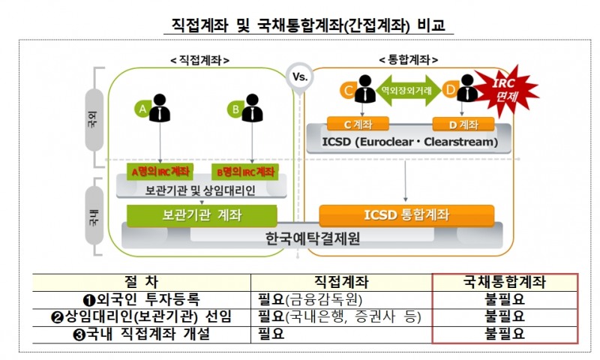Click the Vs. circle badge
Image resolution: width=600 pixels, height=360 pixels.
[298, 76]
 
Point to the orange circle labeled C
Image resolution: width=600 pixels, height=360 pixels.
[348, 91]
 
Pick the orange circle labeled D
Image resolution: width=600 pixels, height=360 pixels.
[451, 91]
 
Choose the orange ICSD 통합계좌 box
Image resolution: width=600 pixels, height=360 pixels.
[406, 214]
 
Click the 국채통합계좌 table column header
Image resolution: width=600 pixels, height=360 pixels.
[505, 282]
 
